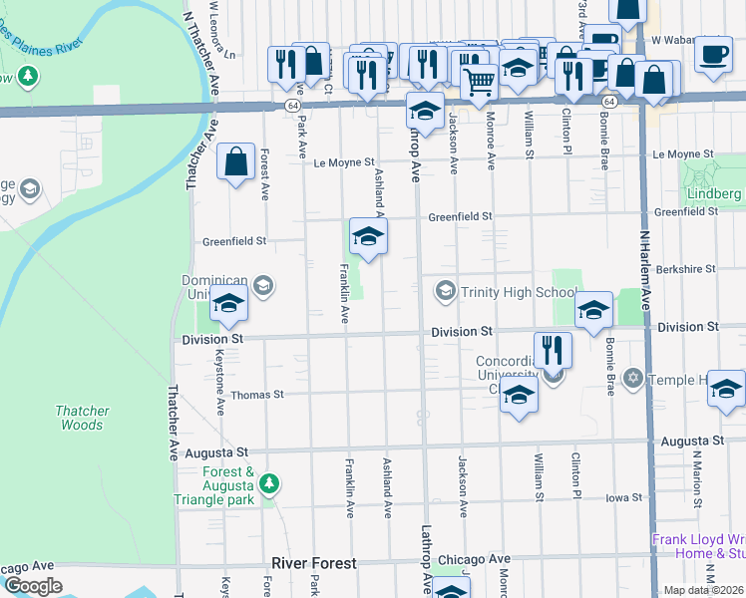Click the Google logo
[x=33, y=586]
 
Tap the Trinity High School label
[x=517, y=291]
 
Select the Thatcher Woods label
[x=79, y=418]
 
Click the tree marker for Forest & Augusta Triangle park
[x=268, y=484]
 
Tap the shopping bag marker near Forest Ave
[x=234, y=162]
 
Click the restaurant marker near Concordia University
[x=553, y=351]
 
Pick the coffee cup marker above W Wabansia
[x=713, y=54]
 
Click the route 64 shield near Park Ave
[x=292, y=104]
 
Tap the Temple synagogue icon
[x=632, y=380]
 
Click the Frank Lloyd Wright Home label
[x=698, y=546]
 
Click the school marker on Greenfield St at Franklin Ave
[x=368, y=237]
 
